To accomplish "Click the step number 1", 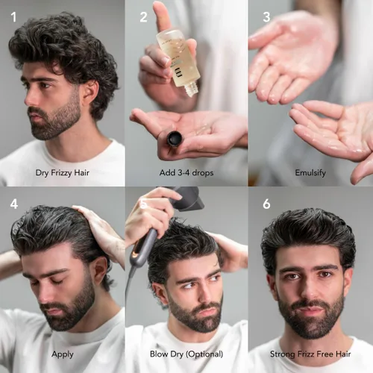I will [13, 16].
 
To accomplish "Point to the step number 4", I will [13, 204].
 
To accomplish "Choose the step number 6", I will [267, 204].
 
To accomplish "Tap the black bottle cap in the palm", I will [175, 139].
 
